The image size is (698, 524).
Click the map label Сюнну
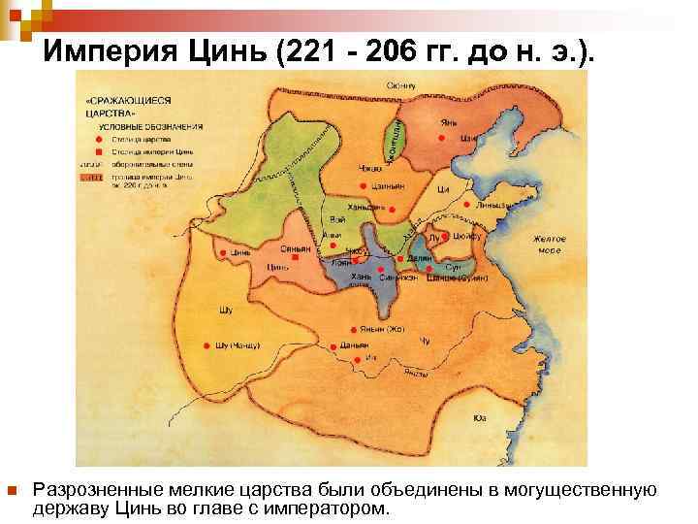coord(400,85)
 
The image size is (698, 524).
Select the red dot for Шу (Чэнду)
coord(206,345)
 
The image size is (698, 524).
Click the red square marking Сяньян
coord(295,257)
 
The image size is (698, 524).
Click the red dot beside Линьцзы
coord(466,205)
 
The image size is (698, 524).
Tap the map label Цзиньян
coord(387,186)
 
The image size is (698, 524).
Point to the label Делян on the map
coord(419,260)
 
